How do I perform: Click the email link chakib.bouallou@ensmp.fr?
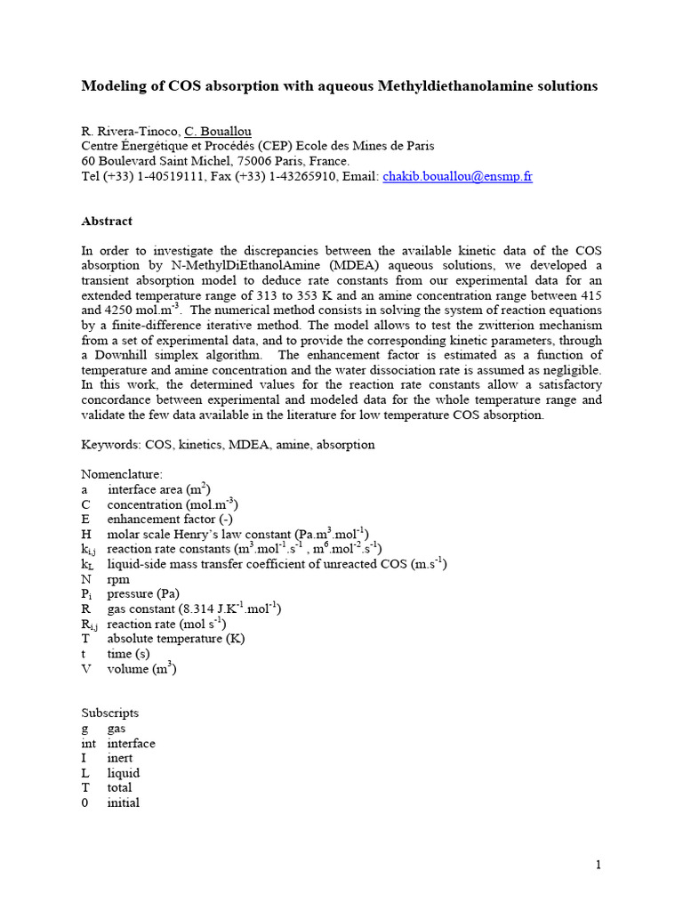[x=457, y=176]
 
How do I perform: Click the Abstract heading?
[x=107, y=221]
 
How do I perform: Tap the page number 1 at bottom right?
[x=599, y=865]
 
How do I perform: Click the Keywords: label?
[x=111, y=444]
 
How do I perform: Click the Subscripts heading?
[x=110, y=713]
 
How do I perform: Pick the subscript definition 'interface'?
[x=131, y=743]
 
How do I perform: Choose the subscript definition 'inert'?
[x=120, y=758]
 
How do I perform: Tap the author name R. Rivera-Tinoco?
[x=128, y=132]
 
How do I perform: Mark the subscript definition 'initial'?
[x=124, y=802]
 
